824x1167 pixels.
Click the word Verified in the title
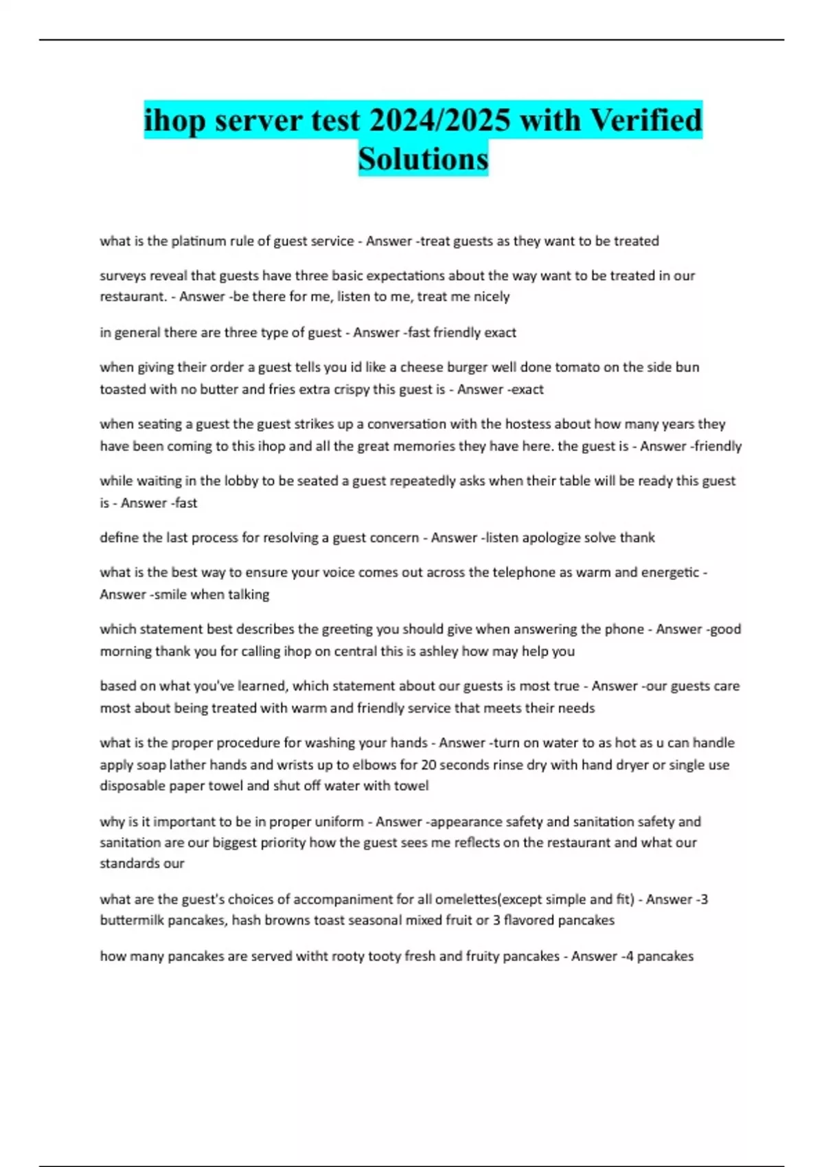pos(646,120)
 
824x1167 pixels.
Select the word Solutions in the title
pos(423,159)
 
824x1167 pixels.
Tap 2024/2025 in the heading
pos(439,120)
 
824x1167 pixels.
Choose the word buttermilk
pos(132,921)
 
